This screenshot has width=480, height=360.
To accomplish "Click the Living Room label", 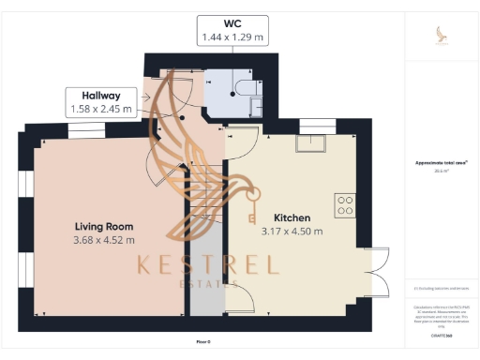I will point(104,226).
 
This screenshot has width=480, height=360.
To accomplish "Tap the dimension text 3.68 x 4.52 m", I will point(104,241).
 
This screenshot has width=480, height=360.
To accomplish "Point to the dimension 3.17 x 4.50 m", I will point(292,232).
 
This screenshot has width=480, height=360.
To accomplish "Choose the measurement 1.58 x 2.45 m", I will point(101,110).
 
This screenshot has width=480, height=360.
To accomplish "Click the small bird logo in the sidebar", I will point(441,34).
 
